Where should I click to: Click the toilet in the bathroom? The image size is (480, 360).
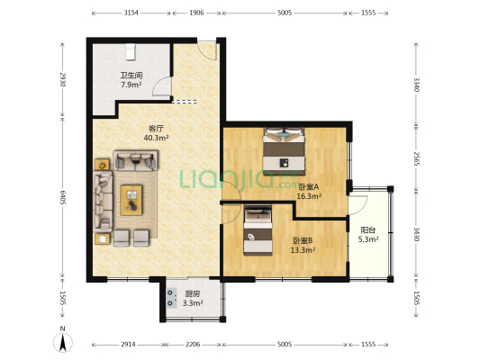click(x=131, y=51)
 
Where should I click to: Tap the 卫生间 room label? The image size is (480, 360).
click(x=131, y=76)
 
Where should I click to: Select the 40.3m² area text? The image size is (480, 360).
click(x=156, y=138)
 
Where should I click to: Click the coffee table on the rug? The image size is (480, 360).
click(x=131, y=200)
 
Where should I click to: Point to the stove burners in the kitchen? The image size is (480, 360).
click(x=170, y=298)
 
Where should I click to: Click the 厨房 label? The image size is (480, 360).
click(x=193, y=294)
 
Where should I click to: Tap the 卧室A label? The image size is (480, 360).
click(x=309, y=186)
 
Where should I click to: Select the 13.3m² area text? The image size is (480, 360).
click(x=303, y=250)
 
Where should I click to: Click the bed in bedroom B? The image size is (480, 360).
click(x=258, y=230)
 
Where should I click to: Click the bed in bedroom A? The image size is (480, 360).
click(x=285, y=152)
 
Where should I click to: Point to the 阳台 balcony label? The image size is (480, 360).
click(x=368, y=230)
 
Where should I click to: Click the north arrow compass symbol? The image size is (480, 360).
click(x=63, y=340)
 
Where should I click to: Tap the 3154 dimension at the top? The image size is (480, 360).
click(x=131, y=13)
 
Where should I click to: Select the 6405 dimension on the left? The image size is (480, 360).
click(x=63, y=198)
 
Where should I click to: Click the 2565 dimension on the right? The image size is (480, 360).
click(x=417, y=158)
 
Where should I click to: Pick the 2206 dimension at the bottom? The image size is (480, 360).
click(x=193, y=345)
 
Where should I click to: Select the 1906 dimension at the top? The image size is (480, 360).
click(x=196, y=13)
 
